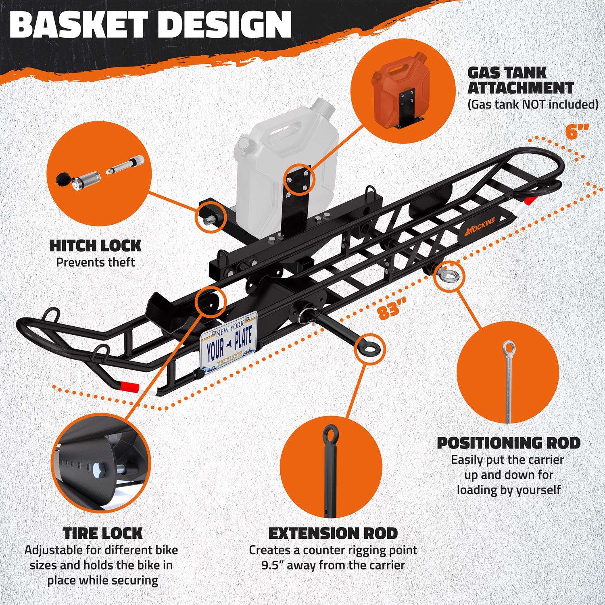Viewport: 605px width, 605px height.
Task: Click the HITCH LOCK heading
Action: click(95, 245)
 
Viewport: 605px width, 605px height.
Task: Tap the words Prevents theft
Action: click(95, 263)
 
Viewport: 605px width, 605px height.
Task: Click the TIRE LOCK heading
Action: click(103, 533)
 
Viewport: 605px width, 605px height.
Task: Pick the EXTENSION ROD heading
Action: click(333, 533)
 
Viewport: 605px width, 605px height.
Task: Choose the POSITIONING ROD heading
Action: click(509, 442)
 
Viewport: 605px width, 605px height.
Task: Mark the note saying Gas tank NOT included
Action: click(532, 104)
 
